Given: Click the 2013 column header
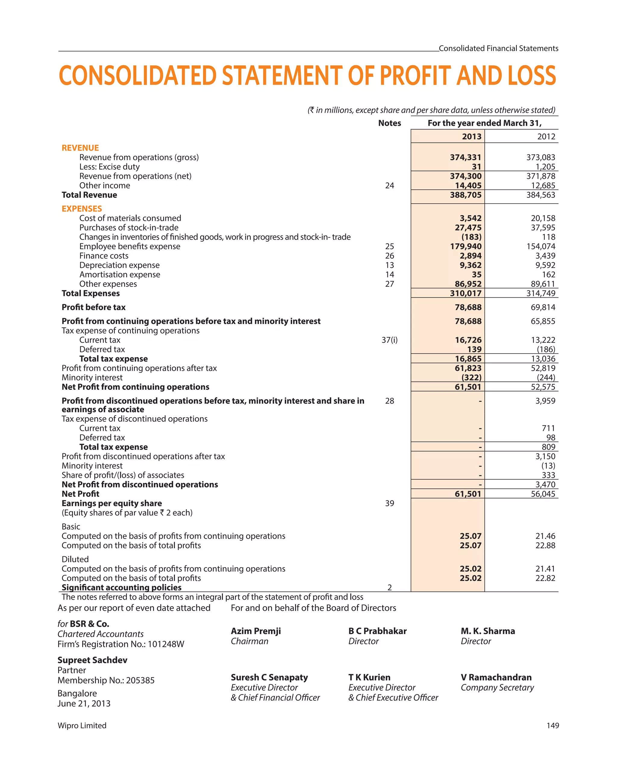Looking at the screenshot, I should (x=471, y=136).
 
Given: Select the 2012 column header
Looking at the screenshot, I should (x=546, y=136).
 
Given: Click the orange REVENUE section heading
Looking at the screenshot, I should (x=80, y=148).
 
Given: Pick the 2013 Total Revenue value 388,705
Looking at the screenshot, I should (x=465, y=195).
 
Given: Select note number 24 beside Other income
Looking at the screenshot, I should (x=390, y=186).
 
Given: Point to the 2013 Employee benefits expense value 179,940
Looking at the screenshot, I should (x=465, y=246).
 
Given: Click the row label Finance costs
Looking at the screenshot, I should (x=104, y=256).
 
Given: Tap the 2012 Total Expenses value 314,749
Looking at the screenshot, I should (x=540, y=294).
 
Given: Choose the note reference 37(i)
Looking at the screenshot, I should (x=390, y=340).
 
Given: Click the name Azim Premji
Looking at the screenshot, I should (x=256, y=631).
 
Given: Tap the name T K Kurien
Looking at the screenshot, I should (x=369, y=678).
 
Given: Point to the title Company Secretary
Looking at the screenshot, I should (x=497, y=687).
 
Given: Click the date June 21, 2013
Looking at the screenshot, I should (x=84, y=703).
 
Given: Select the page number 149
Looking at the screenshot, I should (x=553, y=725).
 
